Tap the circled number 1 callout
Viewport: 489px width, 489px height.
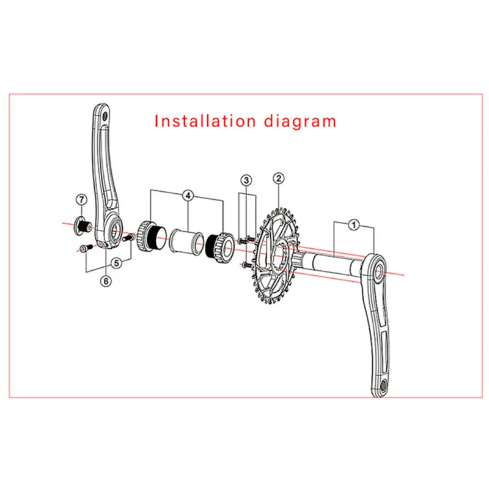(x=353, y=225)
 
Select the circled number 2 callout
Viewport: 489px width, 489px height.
(x=278, y=178)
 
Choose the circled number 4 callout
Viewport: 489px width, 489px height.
(x=188, y=196)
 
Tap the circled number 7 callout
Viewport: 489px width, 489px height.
(x=80, y=200)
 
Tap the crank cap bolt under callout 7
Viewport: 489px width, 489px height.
(x=81, y=226)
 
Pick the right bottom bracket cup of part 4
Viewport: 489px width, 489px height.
(x=219, y=248)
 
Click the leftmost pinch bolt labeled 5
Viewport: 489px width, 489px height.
(x=85, y=248)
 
